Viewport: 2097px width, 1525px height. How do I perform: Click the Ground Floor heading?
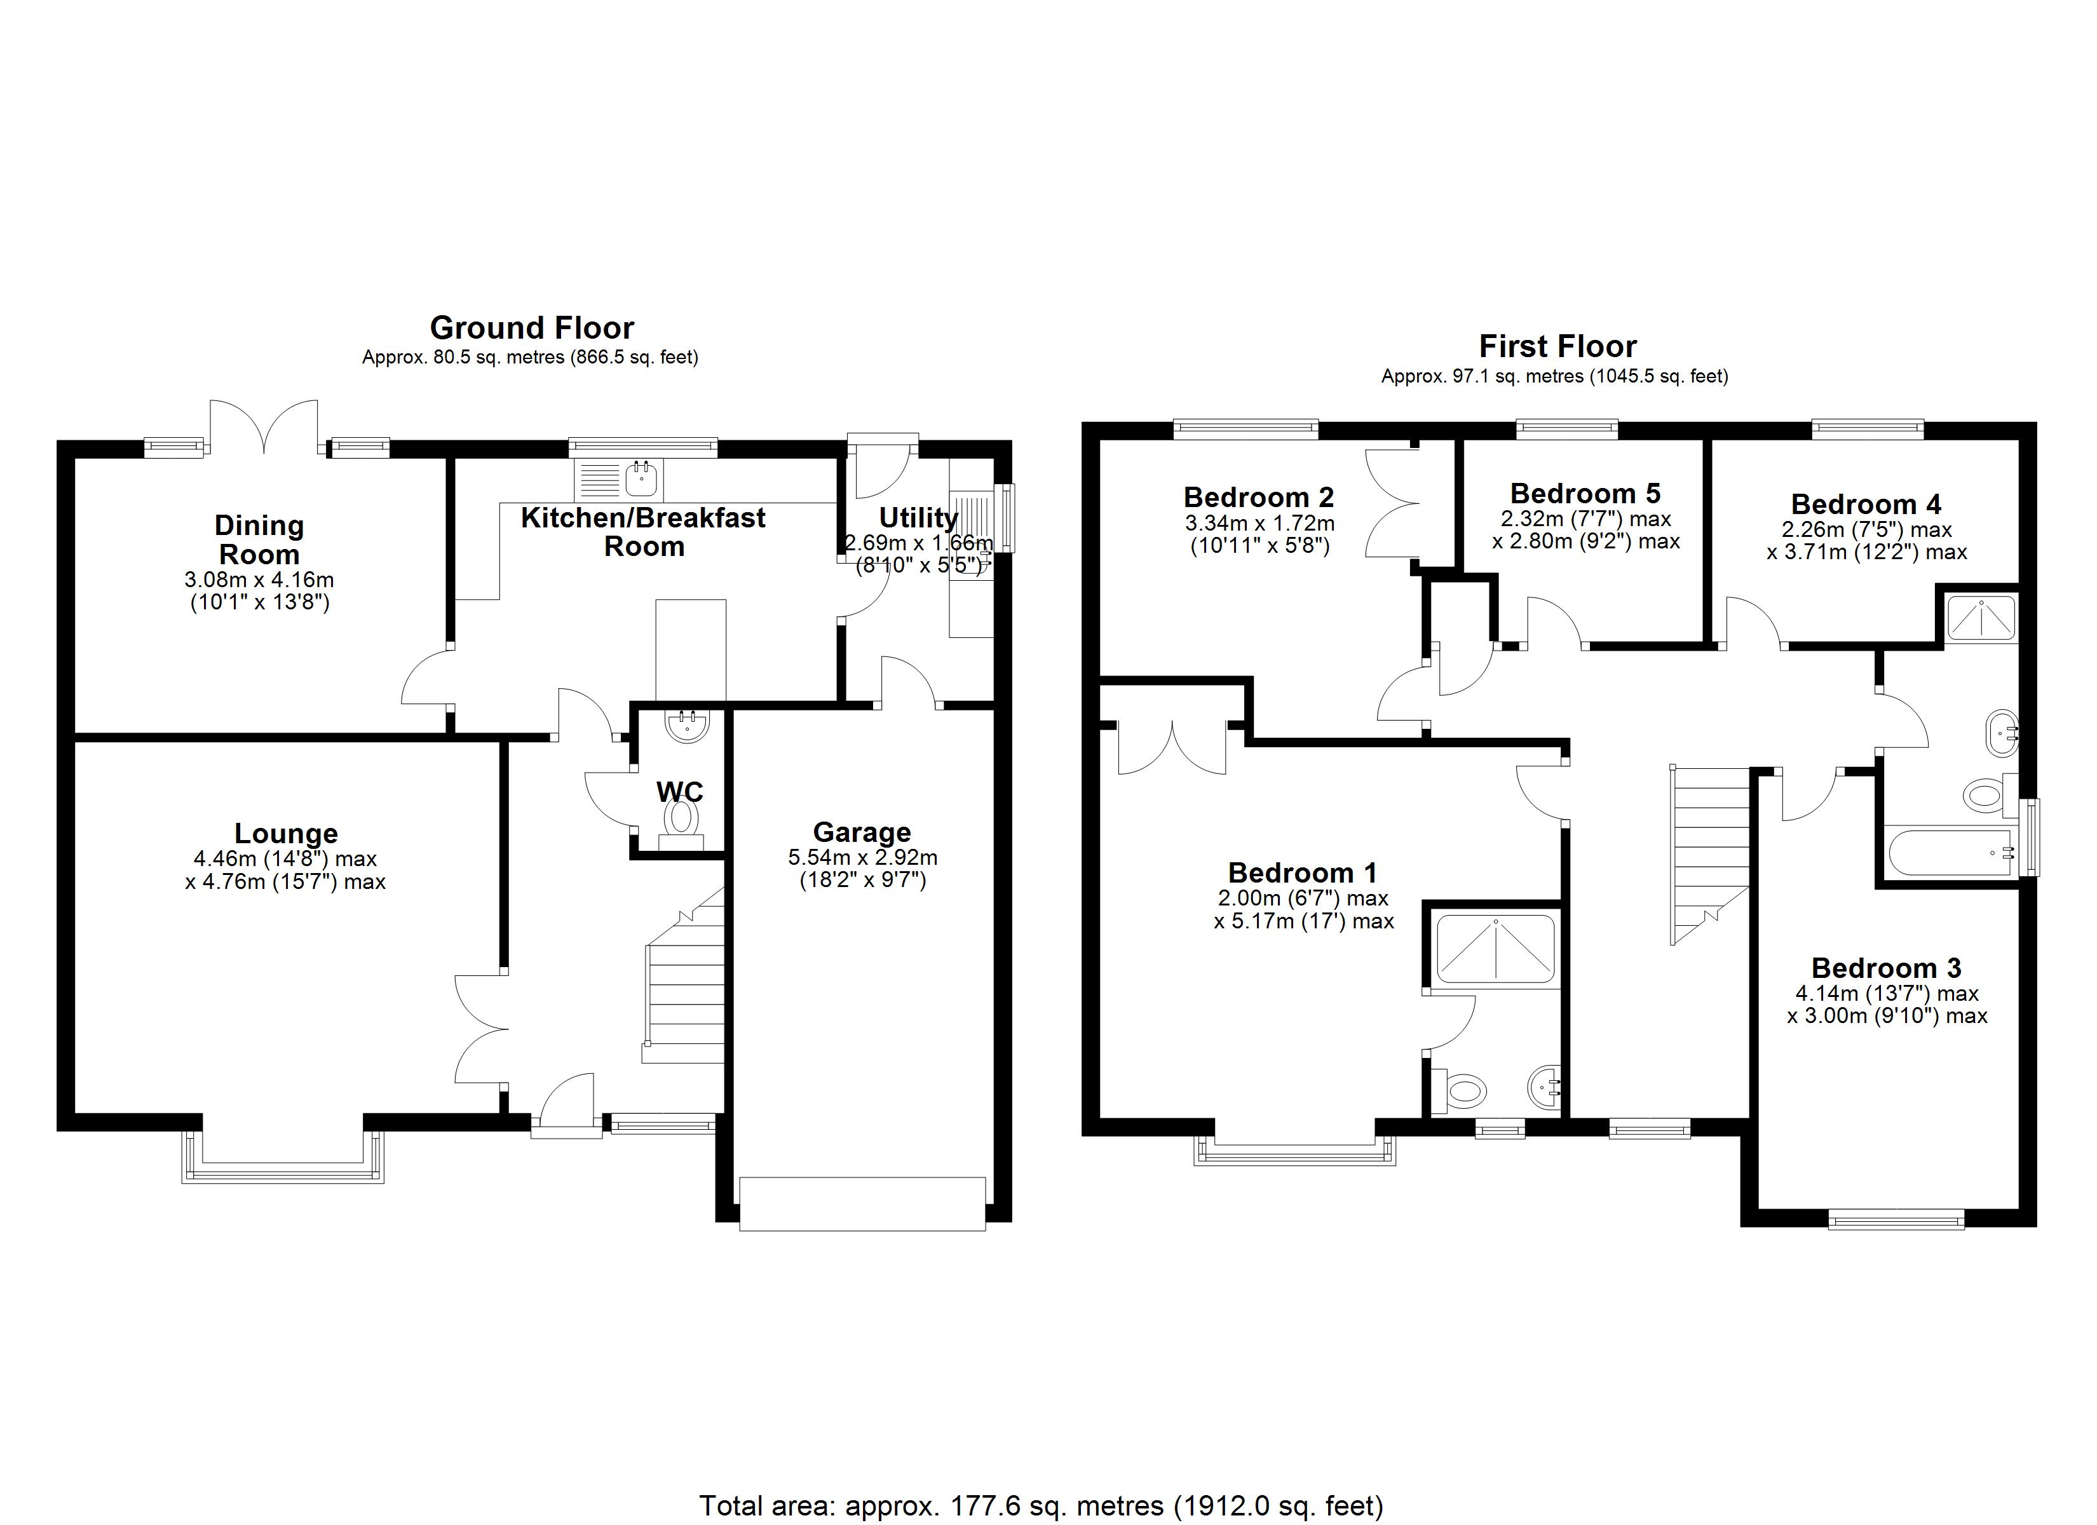pyautogui.click(x=532, y=329)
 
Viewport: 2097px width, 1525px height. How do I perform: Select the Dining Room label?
pyautogui.click(x=259, y=540)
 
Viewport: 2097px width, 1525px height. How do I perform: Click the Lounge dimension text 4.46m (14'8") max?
pyautogui.click(x=285, y=859)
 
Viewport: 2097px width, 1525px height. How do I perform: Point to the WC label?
pyautogui.click(x=679, y=792)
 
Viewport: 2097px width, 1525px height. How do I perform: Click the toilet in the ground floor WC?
pyautogui.click(x=681, y=818)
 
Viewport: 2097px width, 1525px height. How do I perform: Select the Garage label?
pyautogui.click(x=862, y=832)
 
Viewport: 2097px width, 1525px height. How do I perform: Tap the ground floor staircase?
pyautogui.click(x=685, y=989)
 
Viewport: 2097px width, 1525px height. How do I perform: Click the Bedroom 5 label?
pyautogui.click(x=1585, y=493)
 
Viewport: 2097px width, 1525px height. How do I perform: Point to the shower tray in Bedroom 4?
pyautogui.click(x=1981, y=618)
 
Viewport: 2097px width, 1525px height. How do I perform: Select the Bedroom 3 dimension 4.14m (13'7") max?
pyautogui.click(x=1886, y=993)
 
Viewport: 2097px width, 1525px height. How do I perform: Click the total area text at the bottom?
pyautogui.click(x=1041, y=1505)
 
